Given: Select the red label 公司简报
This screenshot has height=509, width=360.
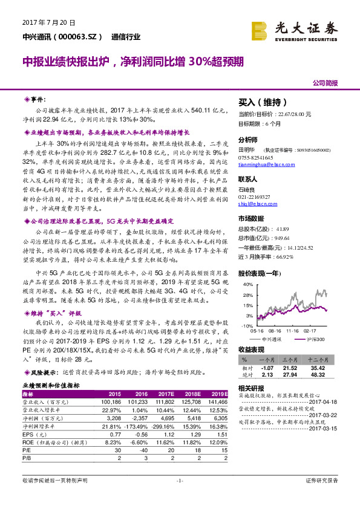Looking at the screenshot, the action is pos(325,83).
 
